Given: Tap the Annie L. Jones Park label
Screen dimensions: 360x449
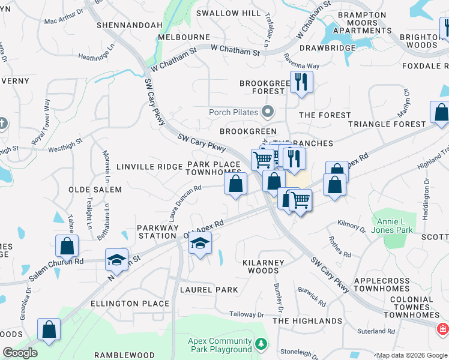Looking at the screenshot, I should point(394,226).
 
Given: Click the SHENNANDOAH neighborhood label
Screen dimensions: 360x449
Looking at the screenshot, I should point(130,25).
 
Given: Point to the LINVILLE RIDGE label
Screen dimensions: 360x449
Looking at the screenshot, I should point(148,166).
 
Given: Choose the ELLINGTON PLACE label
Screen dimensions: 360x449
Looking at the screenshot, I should point(130,304).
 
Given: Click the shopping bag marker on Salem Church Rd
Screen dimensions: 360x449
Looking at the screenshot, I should point(67,245).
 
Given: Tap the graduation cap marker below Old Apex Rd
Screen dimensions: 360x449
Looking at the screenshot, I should point(200,243).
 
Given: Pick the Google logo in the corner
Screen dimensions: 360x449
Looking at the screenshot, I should point(20,353).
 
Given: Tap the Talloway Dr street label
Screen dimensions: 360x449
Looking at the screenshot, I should point(247,314).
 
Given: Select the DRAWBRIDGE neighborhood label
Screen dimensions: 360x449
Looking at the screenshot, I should point(324,47).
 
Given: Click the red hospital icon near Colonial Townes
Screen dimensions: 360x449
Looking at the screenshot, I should point(442,329).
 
